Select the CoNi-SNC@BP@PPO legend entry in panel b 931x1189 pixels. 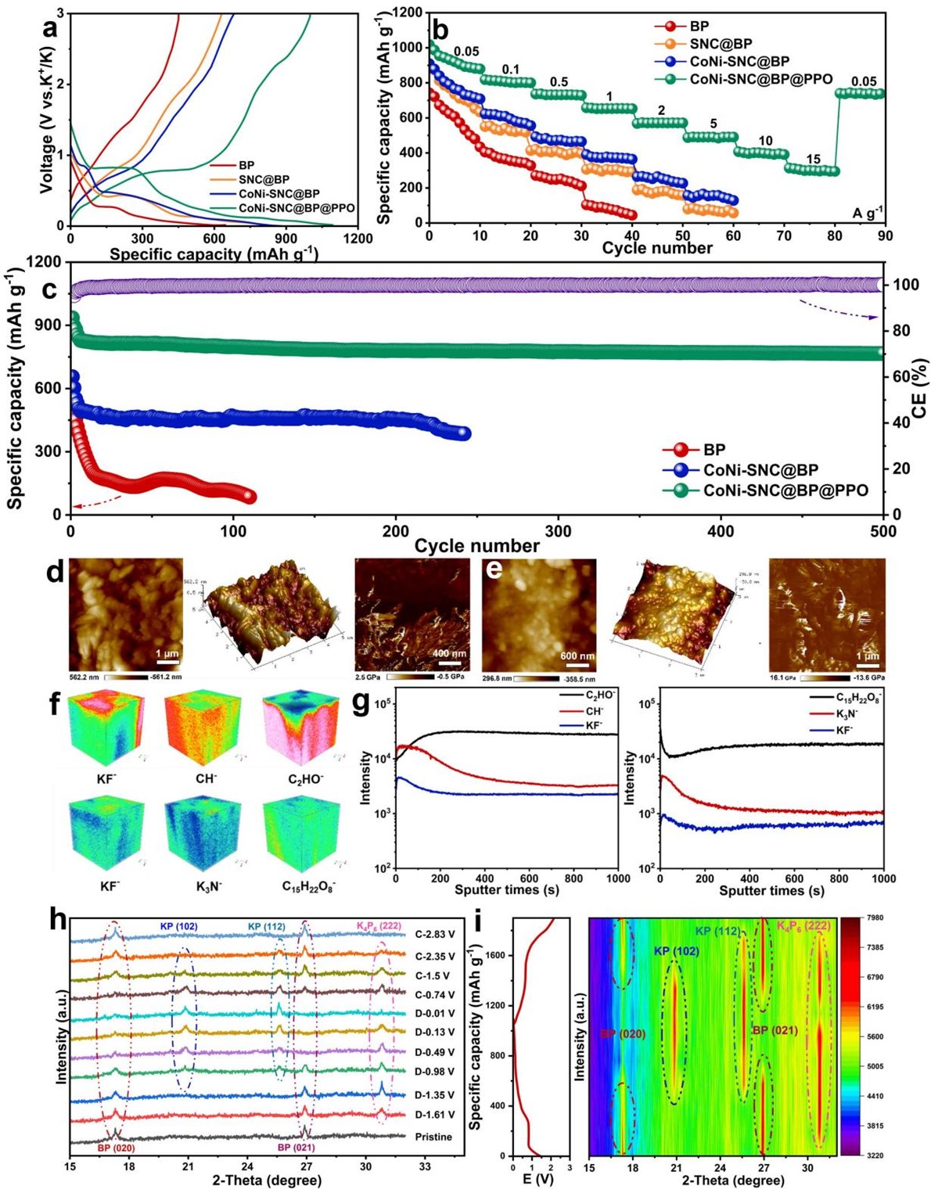click(760, 79)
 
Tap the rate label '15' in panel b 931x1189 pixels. click(814, 160)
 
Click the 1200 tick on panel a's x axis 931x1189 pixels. click(358, 239)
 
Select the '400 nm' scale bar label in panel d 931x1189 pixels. click(449, 653)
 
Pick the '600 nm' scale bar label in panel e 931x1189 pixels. click(577, 656)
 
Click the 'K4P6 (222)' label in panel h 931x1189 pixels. click(379, 926)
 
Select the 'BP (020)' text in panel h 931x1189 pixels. click(116, 1148)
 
